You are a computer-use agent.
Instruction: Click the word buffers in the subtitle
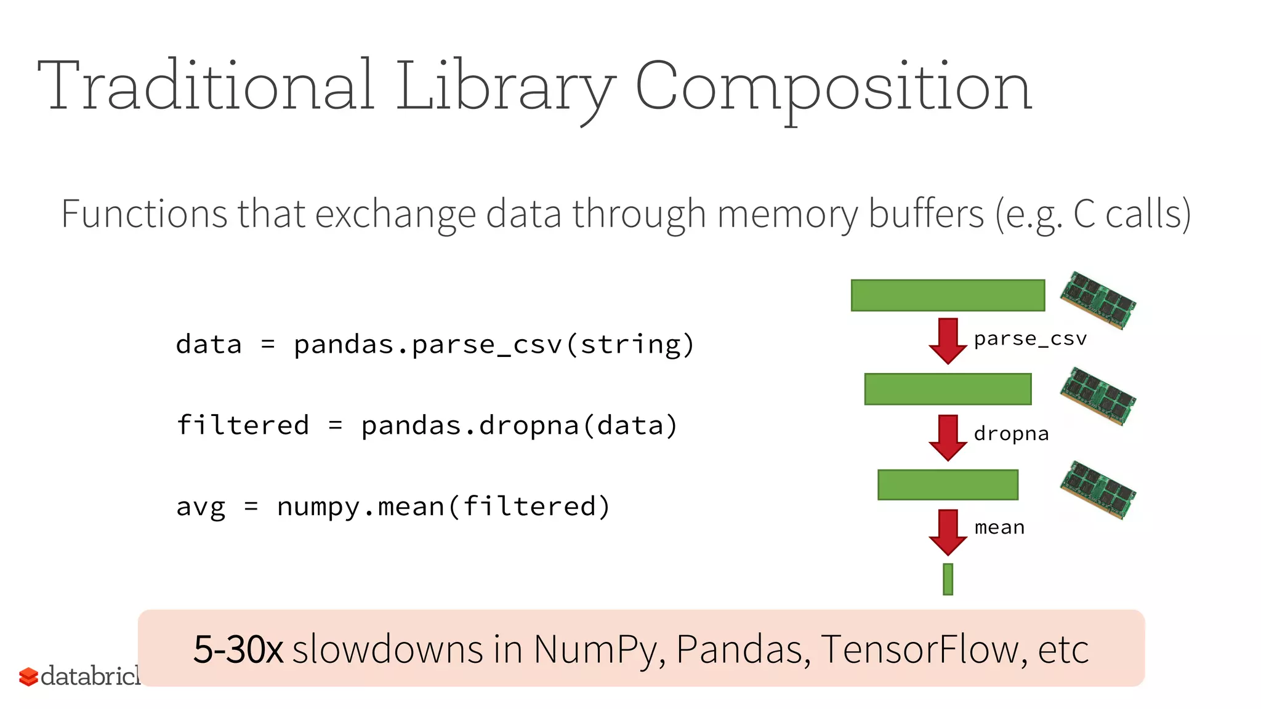click(926, 214)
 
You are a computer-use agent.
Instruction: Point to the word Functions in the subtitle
click(143, 214)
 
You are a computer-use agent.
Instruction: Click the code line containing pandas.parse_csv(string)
click(435, 345)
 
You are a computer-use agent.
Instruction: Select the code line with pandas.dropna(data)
click(427, 426)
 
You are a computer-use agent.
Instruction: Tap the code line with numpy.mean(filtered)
click(393, 507)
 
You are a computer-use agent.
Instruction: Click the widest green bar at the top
click(948, 295)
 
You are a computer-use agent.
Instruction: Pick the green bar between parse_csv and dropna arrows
click(948, 389)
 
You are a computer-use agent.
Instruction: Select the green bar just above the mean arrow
click(948, 485)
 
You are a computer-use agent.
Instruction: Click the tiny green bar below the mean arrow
click(948, 579)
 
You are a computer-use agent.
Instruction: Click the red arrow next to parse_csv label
click(948, 340)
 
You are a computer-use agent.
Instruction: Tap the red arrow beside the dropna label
click(948, 437)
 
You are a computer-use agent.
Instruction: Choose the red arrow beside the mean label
click(948, 532)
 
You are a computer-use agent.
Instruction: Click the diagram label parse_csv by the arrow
click(1030, 339)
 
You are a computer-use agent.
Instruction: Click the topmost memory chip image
click(1098, 300)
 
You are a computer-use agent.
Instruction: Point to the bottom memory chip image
click(1098, 490)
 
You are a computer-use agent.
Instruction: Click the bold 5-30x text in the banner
click(238, 649)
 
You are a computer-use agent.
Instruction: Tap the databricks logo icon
click(28, 676)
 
